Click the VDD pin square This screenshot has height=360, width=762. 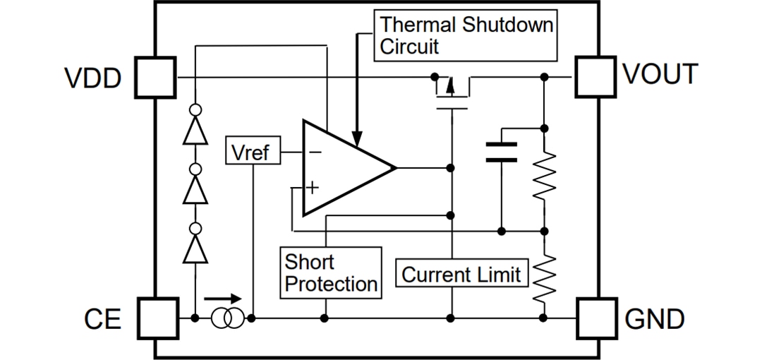(155, 77)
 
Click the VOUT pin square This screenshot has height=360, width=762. (596, 76)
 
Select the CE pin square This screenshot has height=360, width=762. (155, 318)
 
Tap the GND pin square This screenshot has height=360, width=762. (596, 318)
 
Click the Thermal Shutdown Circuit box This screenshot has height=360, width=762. (466, 35)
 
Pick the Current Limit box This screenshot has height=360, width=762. (461, 274)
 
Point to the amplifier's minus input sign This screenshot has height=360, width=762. (315, 151)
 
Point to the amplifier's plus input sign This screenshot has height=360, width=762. (313, 187)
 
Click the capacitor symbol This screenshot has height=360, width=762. (502, 152)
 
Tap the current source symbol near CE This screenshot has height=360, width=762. (227, 319)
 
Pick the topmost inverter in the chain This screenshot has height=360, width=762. (195, 128)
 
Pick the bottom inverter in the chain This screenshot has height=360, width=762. (195, 245)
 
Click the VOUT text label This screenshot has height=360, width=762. (660, 75)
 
